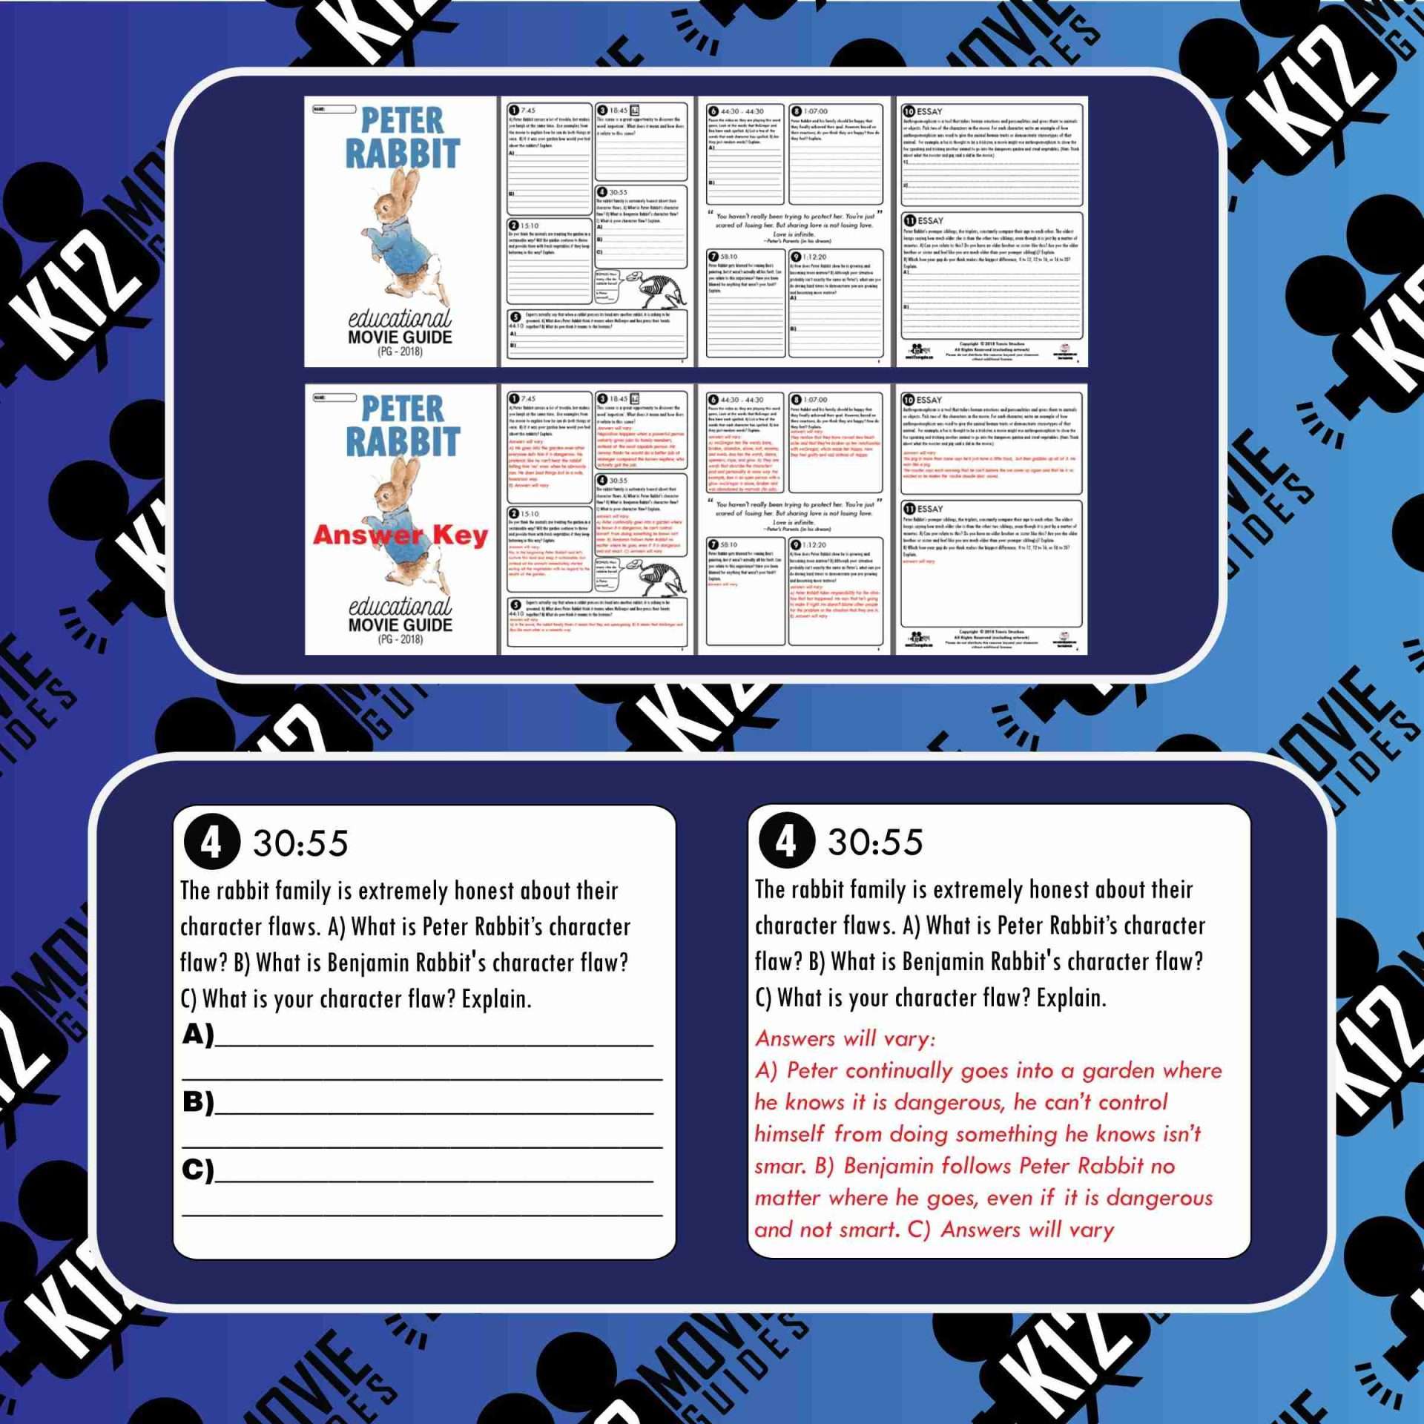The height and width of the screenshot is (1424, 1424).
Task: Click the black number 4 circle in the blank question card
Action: click(x=211, y=843)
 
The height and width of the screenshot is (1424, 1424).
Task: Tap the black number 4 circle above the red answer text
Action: click(x=785, y=842)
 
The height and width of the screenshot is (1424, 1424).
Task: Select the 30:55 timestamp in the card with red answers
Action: click(x=875, y=843)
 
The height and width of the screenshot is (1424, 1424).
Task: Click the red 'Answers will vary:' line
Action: click(x=845, y=1038)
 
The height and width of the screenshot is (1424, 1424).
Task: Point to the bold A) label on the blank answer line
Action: click(x=198, y=1034)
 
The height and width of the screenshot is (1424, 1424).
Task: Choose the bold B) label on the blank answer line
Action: click(x=198, y=1102)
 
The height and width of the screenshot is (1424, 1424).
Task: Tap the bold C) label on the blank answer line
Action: click(x=198, y=1170)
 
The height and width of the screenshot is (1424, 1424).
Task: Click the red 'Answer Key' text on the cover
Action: click(x=400, y=535)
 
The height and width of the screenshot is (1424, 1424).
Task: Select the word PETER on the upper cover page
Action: click(x=403, y=121)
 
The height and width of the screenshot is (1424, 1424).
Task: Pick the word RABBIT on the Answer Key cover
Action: click(x=403, y=441)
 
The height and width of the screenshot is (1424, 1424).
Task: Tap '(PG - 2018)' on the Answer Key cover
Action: click(x=400, y=639)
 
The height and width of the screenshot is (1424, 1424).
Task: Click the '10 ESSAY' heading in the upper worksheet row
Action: click(x=923, y=111)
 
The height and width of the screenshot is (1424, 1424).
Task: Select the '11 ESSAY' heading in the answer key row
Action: click(x=923, y=509)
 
